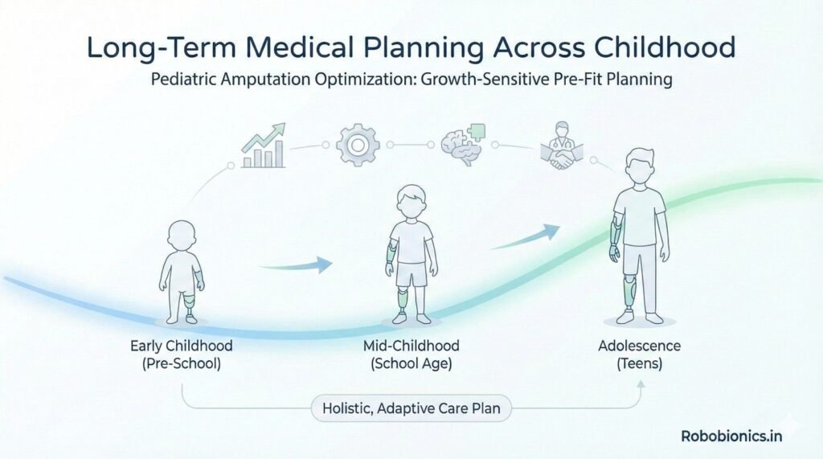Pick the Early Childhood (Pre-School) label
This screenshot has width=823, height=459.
(181, 354)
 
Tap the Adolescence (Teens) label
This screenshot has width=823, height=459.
(639, 354)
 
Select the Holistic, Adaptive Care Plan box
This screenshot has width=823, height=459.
(412, 408)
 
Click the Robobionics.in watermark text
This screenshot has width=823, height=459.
(731, 436)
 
